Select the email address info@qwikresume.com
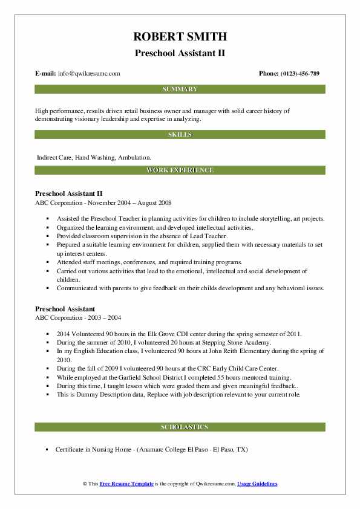89,74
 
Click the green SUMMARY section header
180,89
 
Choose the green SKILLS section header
180,134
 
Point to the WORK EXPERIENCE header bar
180,170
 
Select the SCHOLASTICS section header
180,427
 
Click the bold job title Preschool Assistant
65,308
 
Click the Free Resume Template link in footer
127,484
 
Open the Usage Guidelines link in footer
257,484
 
